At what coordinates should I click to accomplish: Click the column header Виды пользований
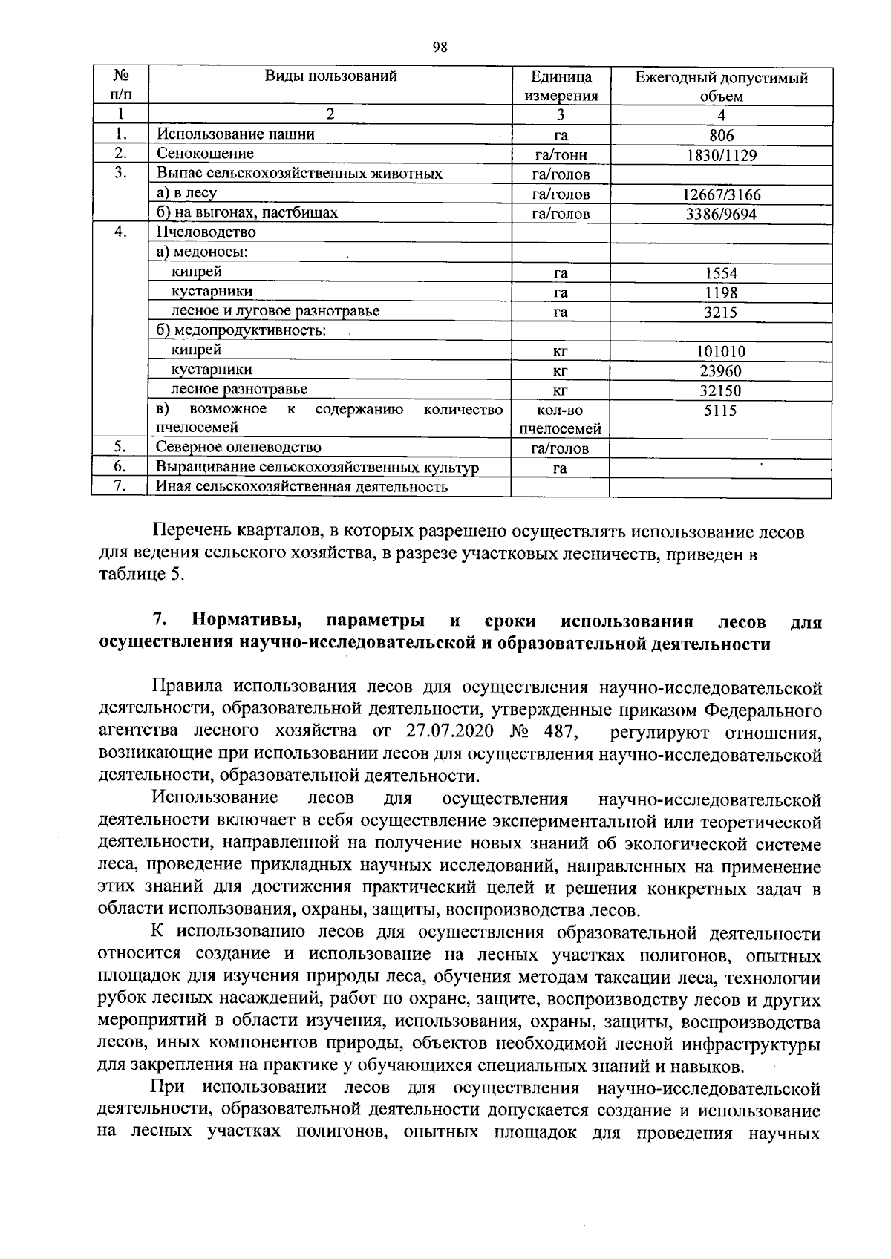330,76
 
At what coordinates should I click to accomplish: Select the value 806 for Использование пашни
721,136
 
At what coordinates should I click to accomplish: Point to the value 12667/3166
721,195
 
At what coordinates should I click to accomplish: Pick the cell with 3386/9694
721,215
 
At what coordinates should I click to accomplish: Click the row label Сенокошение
205,154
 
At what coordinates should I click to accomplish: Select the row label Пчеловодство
206,232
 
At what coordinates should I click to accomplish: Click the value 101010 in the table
721,352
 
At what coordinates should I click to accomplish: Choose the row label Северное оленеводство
238,447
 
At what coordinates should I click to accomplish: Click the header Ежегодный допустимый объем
721,86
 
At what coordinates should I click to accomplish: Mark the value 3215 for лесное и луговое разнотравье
721,313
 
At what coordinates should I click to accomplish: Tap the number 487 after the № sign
559,732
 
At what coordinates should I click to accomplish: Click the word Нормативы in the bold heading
247,621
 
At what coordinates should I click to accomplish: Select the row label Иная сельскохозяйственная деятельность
301,487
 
